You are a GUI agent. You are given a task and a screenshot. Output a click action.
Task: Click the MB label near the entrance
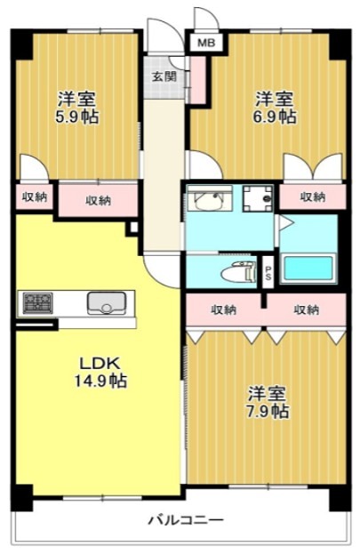click(x=206, y=42)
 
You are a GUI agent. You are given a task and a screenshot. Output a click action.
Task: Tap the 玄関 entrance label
click(x=164, y=76)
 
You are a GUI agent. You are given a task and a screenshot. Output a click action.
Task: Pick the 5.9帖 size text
click(x=76, y=116)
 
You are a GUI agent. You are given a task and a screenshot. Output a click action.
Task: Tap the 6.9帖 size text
click(x=275, y=116)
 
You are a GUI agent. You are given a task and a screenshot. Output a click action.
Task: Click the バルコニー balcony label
click(x=185, y=520)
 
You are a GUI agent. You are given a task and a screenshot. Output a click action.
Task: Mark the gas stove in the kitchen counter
click(x=37, y=302)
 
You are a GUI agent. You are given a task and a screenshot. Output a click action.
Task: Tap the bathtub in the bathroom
click(x=308, y=269)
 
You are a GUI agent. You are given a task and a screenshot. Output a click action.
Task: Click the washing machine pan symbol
click(x=259, y=199)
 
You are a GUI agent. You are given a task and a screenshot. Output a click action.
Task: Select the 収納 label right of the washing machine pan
click(x=311, y=197)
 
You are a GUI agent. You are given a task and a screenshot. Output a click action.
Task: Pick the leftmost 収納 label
click(x=35, y=197)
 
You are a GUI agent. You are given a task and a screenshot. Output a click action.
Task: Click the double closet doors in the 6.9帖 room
click(x=311, y=167)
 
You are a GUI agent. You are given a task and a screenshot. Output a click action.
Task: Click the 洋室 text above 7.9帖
click(x=267, y=392)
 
